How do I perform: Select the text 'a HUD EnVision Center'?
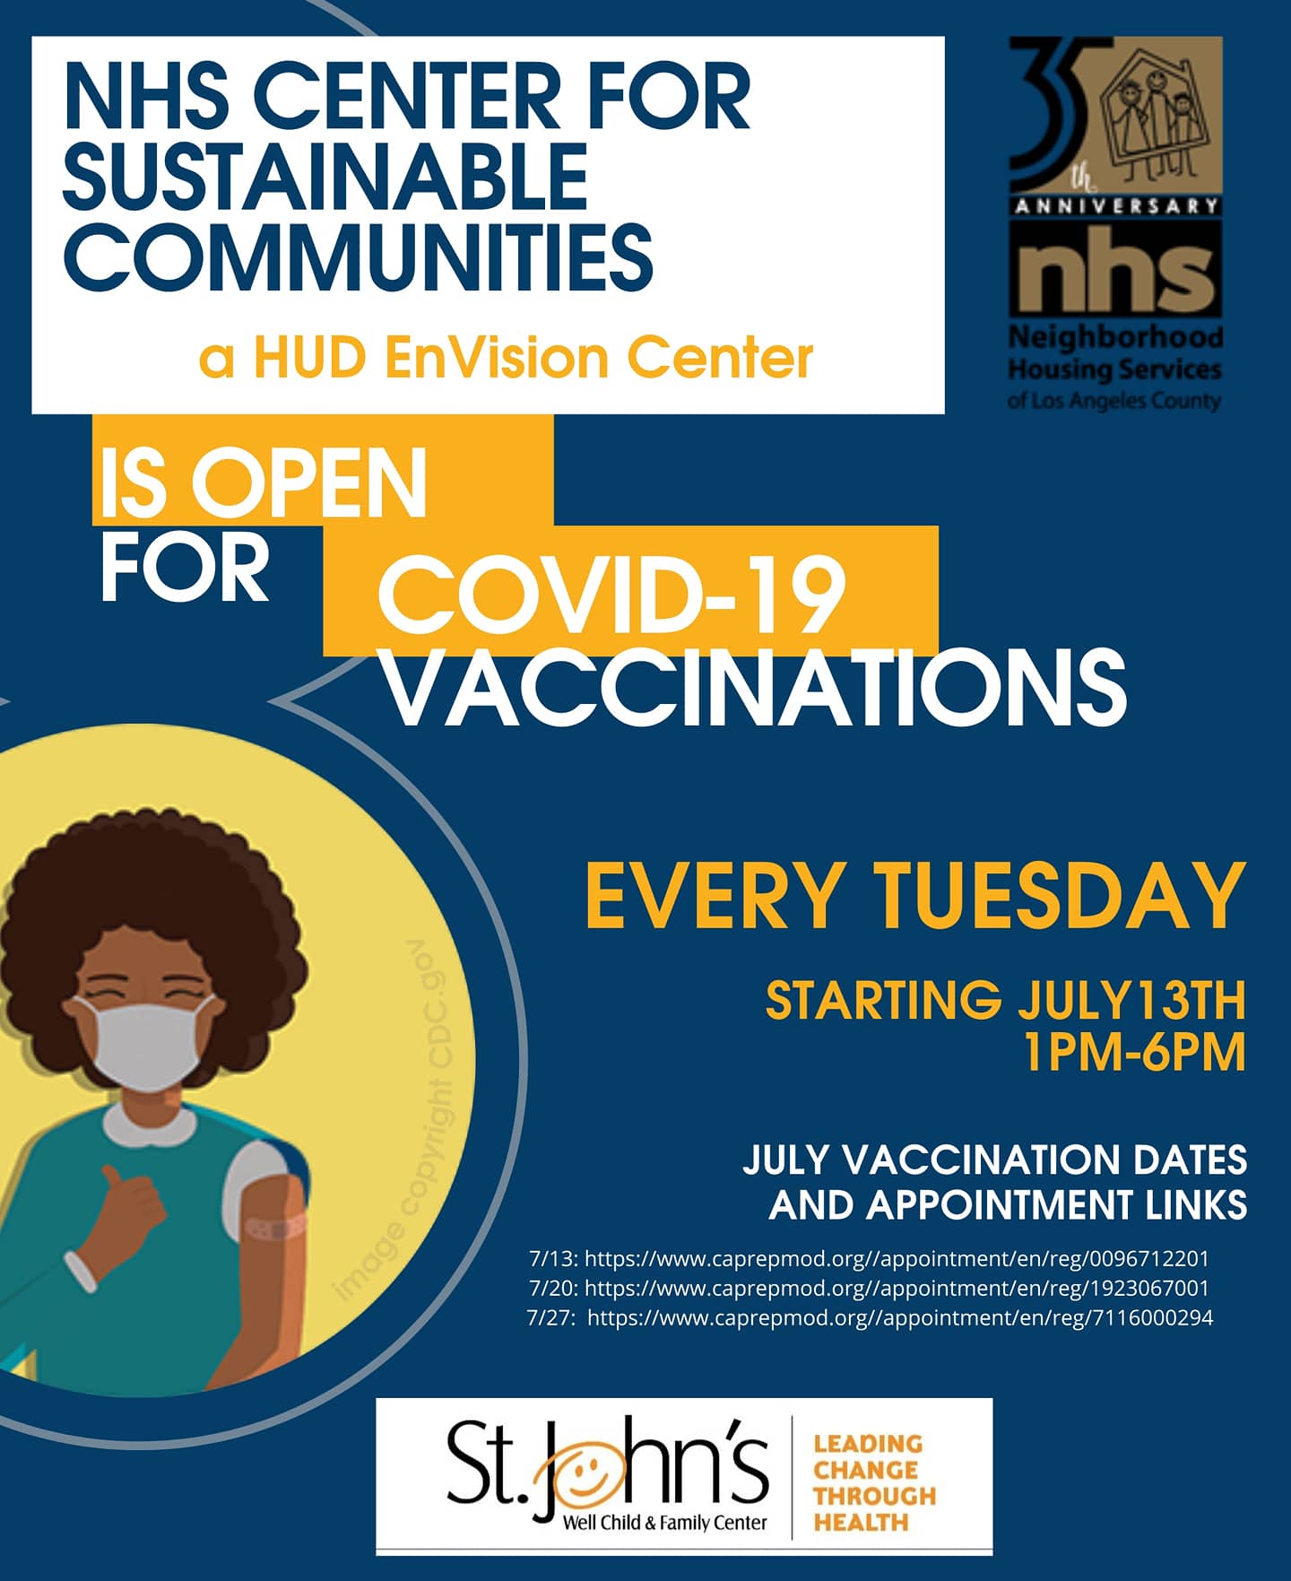[x=506, y=358]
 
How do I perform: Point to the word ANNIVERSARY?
[x=1116, y=205]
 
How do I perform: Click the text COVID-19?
[x=611, y=594]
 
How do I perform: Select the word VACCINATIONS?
[x=755, y=686]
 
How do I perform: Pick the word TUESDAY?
[x=1061, y=895]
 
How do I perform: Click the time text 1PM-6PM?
[x=1135, y=1052]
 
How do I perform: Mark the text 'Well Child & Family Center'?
[x=664, y=1522]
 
